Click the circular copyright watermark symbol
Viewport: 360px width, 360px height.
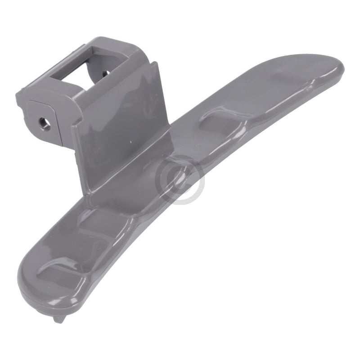180,180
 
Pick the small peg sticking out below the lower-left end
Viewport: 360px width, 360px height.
58,319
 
